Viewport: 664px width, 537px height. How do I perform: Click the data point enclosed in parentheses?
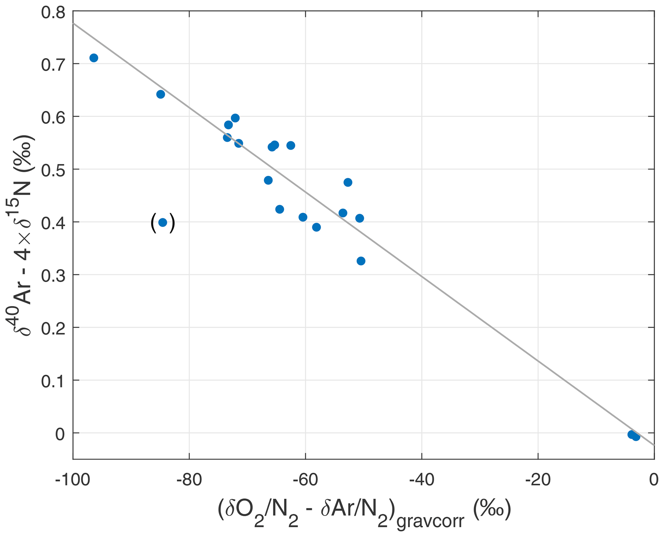click(x=163, y=223)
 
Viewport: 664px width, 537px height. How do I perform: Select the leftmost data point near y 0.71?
click(x=94, y=58)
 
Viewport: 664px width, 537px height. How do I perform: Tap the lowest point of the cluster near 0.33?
click(x=361, y=261)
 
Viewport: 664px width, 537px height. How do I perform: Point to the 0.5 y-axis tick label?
click(x=53, y=169)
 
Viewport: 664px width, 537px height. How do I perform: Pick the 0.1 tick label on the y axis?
click(x=53, y=380)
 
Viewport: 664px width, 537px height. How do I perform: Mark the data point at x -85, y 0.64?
click(x=161, y=94)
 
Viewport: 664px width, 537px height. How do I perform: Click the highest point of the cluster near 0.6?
click(x=235, y=118)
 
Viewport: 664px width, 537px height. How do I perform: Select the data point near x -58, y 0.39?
click(x=316, y=227)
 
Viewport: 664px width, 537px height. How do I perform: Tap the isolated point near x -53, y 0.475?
click(x=348, y=182)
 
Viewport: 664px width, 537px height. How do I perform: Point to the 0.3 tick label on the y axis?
click(x=53, y=275)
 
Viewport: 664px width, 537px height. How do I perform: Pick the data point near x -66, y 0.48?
click(x=268, y=180)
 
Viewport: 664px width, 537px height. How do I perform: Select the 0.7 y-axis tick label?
click(x=53, y=64)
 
